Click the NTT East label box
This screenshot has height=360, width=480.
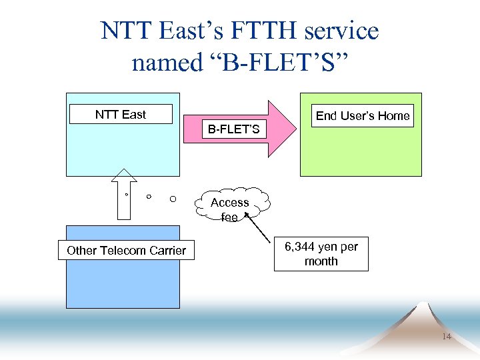pos(121,115)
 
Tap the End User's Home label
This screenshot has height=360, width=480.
pos(363,116)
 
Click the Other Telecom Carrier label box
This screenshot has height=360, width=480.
pos(126,251)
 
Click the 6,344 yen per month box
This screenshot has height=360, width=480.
pos(321,254)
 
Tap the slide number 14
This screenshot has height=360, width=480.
pos(446,337)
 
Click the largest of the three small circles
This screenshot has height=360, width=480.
pos(173,199)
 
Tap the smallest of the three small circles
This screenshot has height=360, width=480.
pos(127,195)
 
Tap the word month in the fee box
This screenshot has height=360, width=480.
pos(321,261)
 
